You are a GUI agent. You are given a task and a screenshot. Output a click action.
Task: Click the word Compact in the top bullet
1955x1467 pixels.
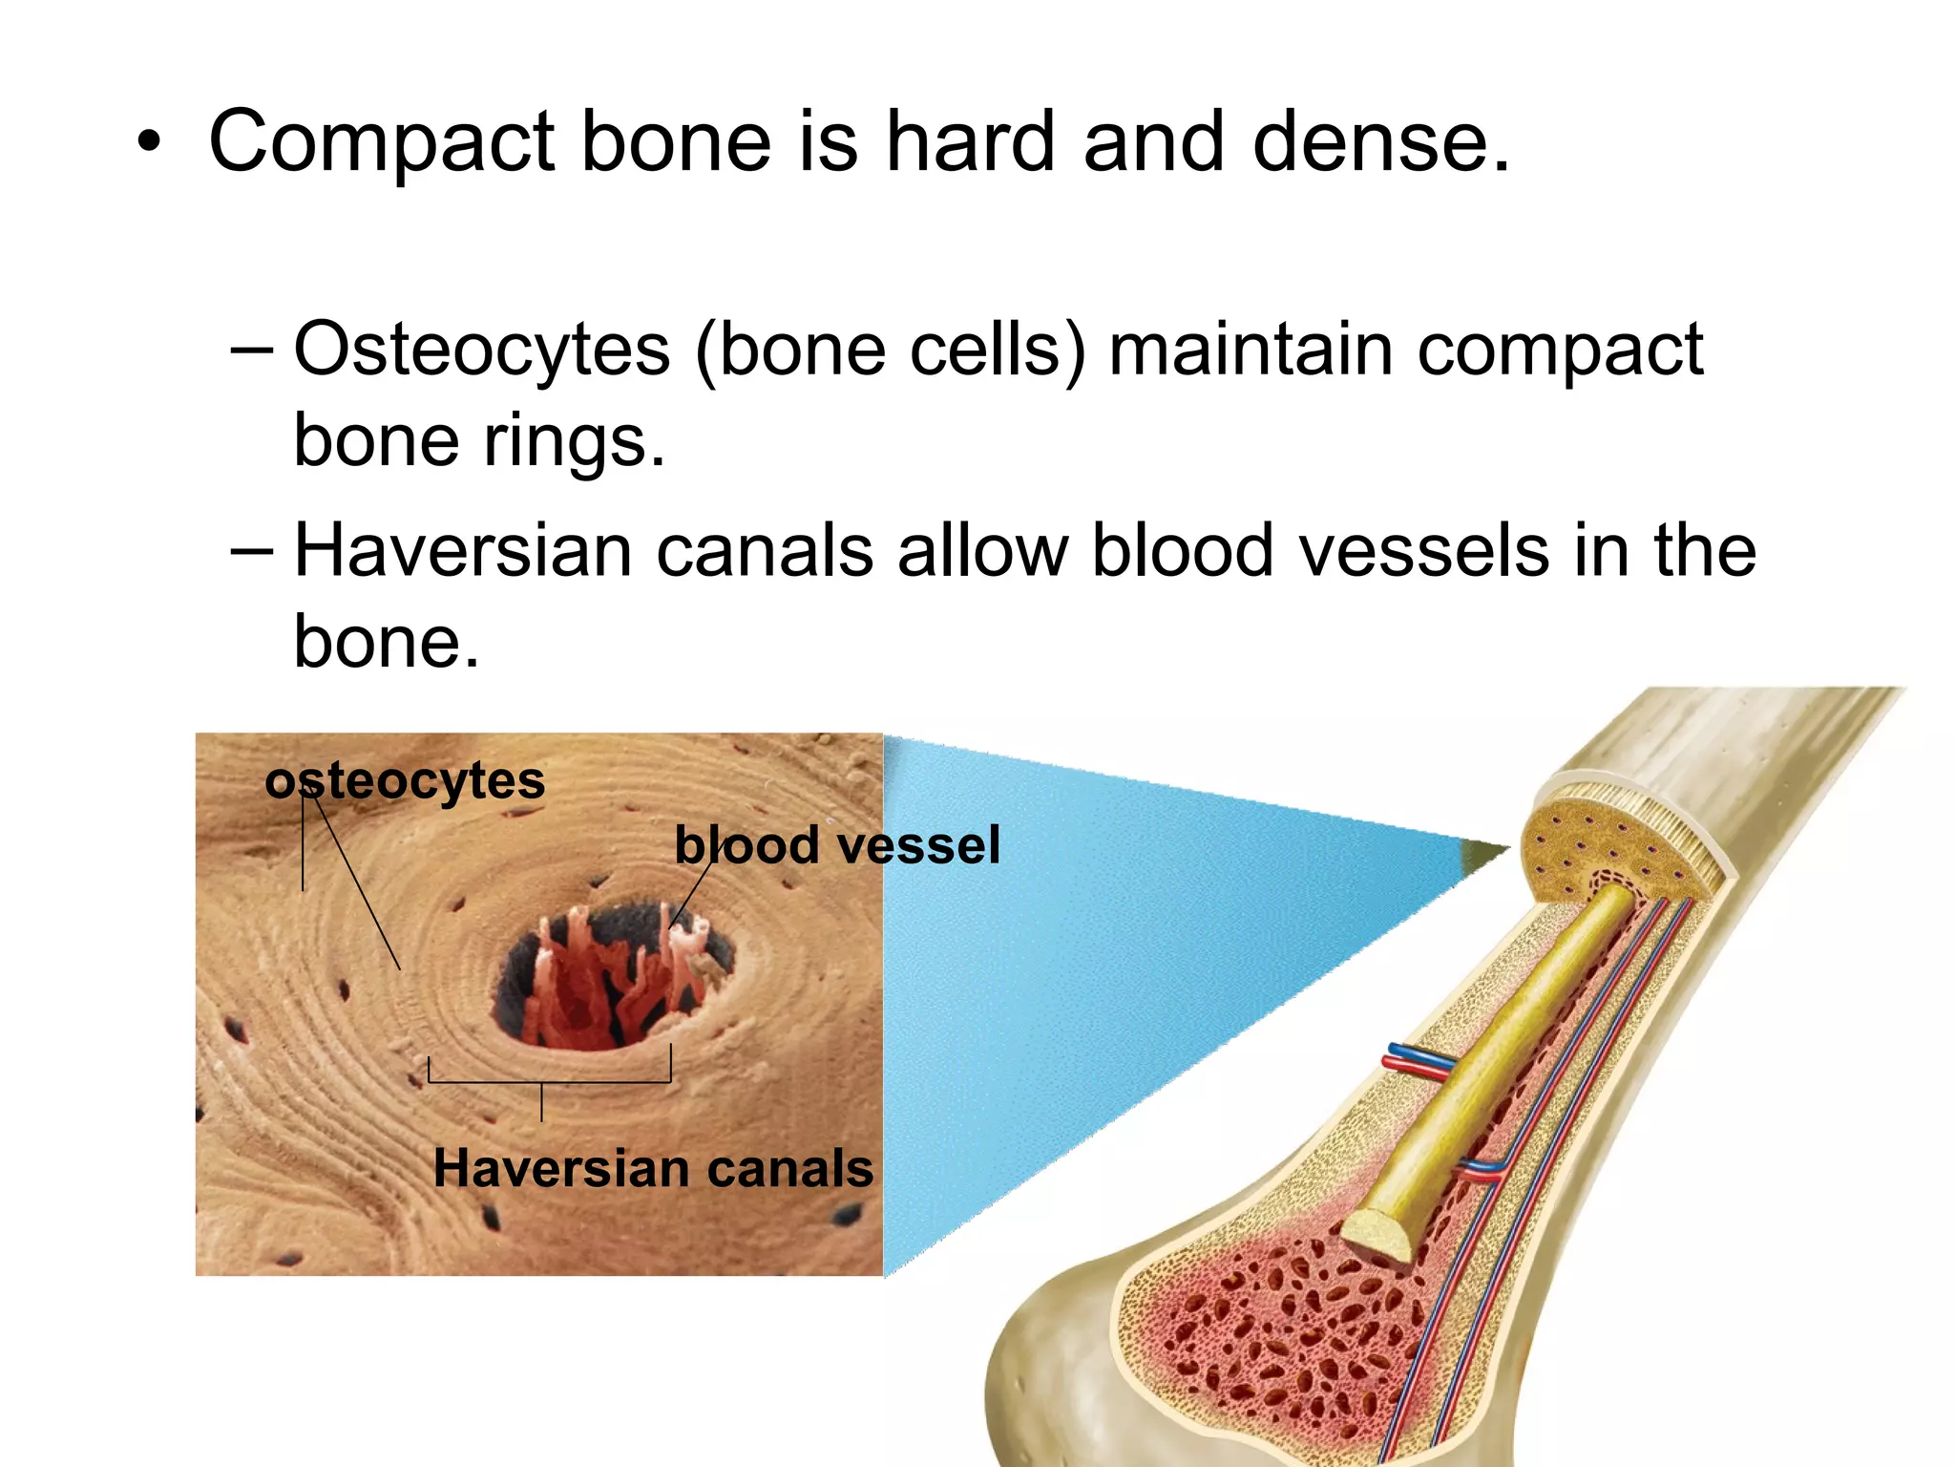[x=382, y=143]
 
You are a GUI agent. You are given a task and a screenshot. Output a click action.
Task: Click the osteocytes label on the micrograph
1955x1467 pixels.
[x=405, y=780]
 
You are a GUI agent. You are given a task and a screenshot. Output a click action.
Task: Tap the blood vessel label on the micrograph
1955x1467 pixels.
[x=837, y=845]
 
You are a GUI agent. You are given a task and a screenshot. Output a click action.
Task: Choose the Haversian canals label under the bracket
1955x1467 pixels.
[x=653, y=1168]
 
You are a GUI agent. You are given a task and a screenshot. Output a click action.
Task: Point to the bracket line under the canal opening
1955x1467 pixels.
[x=549, y=1082]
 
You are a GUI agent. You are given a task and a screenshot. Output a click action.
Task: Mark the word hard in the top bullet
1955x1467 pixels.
[x=970, y=143]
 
